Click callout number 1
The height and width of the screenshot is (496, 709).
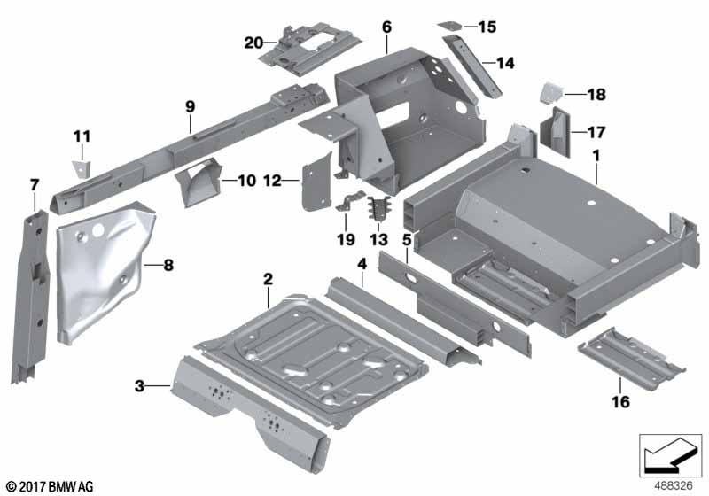coord(596,155)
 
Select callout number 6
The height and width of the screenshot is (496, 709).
coord(386,27)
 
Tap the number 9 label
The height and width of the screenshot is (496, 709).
coord(190,106)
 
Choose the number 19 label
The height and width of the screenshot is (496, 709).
coord(344,239)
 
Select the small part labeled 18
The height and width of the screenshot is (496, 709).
coord(549,92)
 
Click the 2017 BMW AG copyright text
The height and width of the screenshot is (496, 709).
coord(49,486)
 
